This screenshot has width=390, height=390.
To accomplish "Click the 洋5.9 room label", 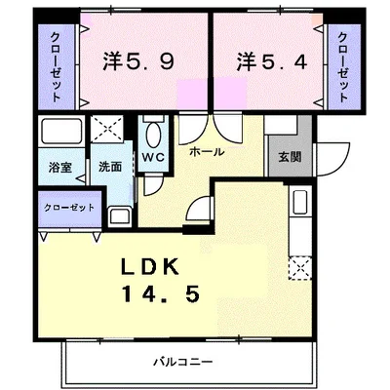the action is click(x=138, y=61).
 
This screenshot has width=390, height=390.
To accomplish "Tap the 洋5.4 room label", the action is click(x=272, y=61).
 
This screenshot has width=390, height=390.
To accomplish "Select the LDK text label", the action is click(x=150, y=266).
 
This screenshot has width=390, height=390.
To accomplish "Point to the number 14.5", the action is click(x=161, y=294).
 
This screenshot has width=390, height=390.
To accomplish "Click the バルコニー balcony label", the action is click(x=183, y=361).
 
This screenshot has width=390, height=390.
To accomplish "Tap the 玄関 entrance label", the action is click(x=290, y=157).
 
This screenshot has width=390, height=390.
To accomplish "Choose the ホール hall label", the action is click(x=207, y=152).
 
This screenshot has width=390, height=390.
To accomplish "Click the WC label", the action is click(x=153, y=157).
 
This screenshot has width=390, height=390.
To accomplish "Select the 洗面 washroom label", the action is click(x=110, y=167).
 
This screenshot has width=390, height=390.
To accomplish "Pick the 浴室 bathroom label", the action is click(x=60, y=168).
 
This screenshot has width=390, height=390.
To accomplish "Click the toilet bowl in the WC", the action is click(x=153, y=134).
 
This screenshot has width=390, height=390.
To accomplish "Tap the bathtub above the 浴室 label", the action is click(x=61, y=131).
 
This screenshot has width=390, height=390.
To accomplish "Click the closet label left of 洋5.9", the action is click(x=56, y=67).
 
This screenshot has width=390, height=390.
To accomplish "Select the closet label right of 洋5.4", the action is click(x=344, y=67).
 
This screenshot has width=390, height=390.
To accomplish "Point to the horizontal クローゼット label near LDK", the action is click(x=69, y=208).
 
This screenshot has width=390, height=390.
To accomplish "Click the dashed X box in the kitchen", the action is click(x=300, y=268).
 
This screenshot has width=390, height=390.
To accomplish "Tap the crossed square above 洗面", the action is click(x=107, y=129).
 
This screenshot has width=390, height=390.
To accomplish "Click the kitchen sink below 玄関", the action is click(x=300, y=202).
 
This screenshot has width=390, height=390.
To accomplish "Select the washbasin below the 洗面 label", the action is click(x=120, y=216).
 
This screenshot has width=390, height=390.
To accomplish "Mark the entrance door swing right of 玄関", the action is click(x=334, y=159).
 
